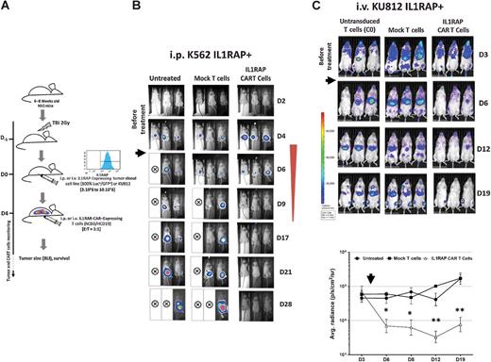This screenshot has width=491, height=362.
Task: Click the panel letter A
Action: tap(7, 7)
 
